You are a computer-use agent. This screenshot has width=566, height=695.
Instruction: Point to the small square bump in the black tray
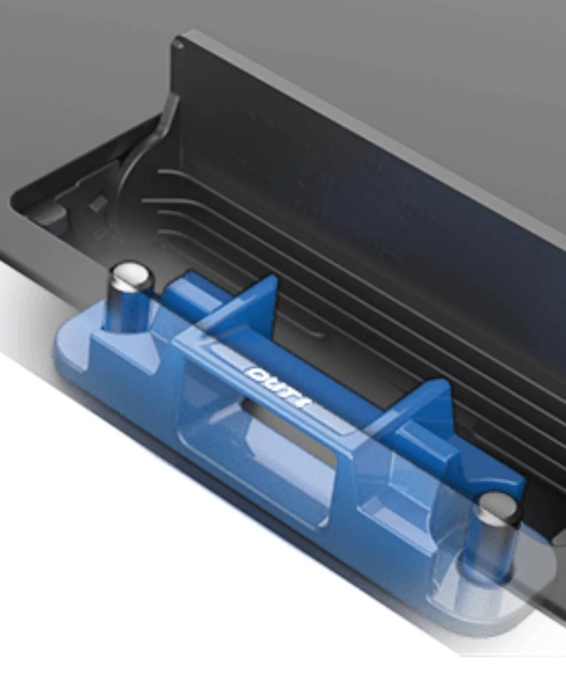coord(98,203)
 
